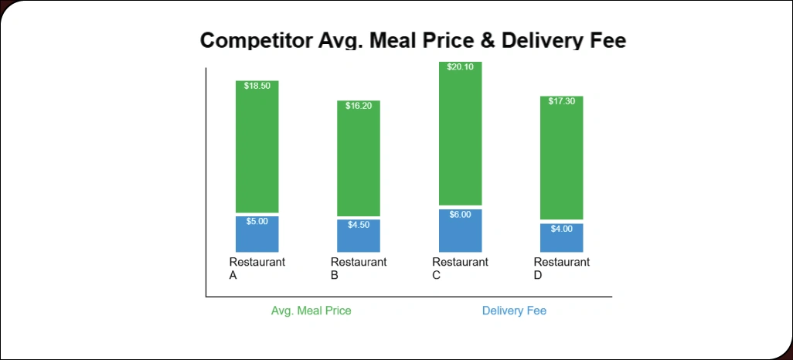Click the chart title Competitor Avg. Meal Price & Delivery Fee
point(413,41)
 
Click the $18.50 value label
point(257,86)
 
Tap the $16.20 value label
point(359,106)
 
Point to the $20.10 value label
point(460,67)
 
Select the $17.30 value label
point(561,101)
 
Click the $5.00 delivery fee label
point(257,222)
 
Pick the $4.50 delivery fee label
point(359,225)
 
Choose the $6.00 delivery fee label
point(460,215)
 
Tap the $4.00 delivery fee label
point(561,229)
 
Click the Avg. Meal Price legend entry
point(311,311)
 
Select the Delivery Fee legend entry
point(514,311)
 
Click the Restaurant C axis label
point(460,268)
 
